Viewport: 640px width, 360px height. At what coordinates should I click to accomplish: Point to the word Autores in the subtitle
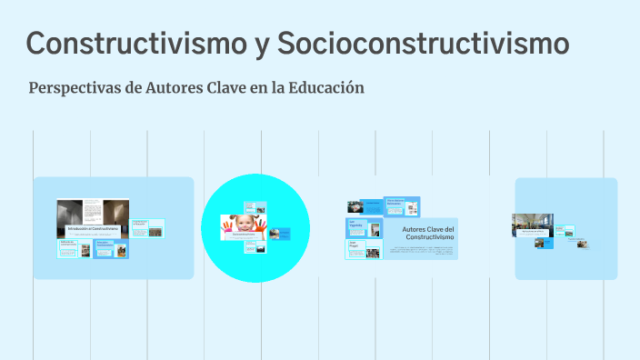tap(174, 88)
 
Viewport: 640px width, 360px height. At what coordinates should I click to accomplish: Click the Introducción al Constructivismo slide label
tap(93, 229)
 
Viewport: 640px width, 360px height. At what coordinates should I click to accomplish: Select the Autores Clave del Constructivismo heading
tap(427, 233)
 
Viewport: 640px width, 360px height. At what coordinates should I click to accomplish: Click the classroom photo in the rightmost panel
tap(533, 224)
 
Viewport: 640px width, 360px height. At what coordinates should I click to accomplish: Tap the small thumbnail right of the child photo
tap(281, 235)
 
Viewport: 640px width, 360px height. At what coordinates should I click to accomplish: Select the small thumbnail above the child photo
tap(255, 207)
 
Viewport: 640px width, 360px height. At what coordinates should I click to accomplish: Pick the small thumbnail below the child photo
tap(255, 246)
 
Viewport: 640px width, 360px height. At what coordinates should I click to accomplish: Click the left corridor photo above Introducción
tap(68, 212)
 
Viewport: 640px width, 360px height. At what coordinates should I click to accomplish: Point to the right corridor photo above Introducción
tap(115, 212)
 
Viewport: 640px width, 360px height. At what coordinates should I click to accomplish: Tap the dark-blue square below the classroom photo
tap(545, 243)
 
